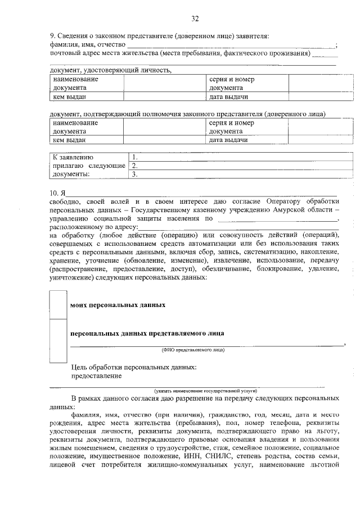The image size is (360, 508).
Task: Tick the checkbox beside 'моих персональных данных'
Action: click(59, 305)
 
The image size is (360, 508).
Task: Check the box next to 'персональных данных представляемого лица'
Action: click(59, 333)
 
